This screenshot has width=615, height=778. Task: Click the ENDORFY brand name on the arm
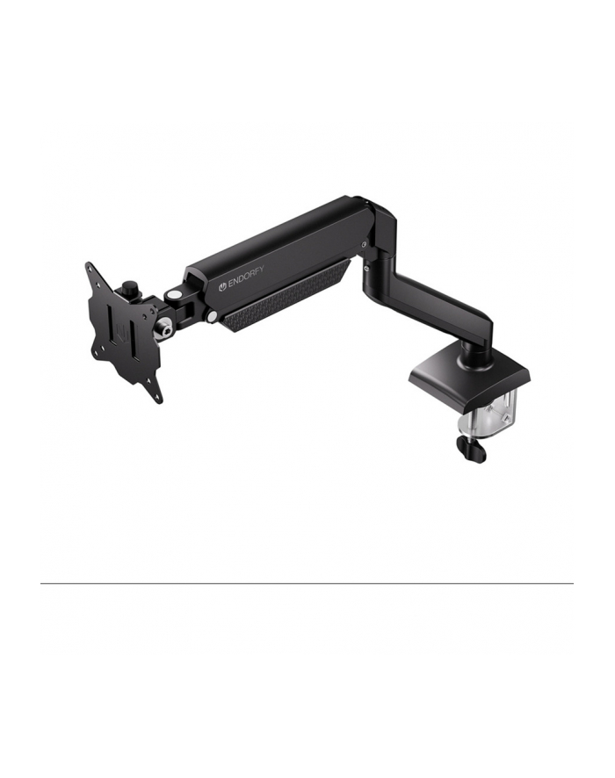[x=246, y=278]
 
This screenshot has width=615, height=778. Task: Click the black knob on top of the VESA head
[x=131, y=287]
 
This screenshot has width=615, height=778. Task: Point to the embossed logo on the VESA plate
[x=121, y=332]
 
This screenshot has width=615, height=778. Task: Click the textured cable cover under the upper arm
[x=286, y=295]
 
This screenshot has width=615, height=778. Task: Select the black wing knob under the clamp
[x=471, y=449]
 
